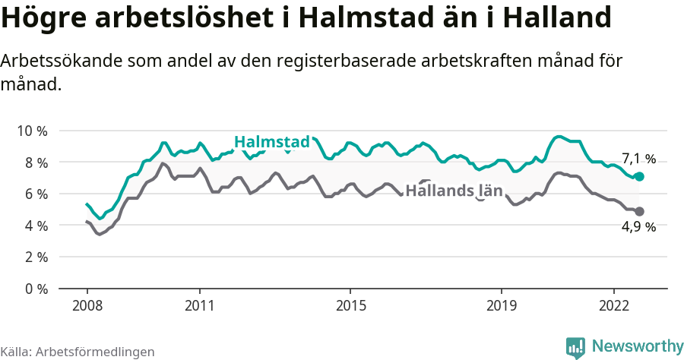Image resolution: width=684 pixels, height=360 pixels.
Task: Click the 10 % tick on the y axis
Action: click(32, 131)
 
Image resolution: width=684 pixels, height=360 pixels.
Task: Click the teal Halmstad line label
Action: click(272, 142)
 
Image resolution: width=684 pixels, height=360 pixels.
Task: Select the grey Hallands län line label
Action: click(454, 191)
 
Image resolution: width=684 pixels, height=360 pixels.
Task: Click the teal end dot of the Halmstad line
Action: click(640, 176)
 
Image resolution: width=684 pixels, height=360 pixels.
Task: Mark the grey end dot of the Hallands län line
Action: click(640, 211)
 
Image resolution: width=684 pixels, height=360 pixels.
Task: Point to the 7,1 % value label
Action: click(638, 159)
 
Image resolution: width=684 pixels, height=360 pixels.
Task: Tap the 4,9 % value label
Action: click(638, 226)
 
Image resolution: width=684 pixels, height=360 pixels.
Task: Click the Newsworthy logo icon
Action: click(575, 347)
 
